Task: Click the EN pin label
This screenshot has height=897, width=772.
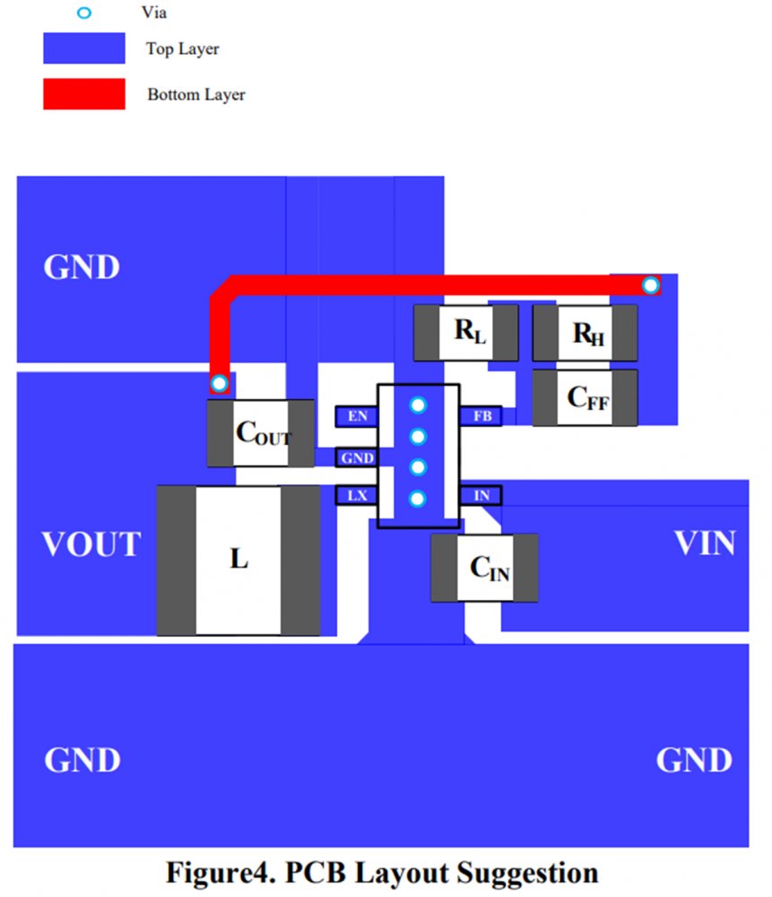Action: [357, 416]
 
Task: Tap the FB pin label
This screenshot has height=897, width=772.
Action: [481, 416]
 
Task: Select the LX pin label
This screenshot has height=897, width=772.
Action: [357, 495]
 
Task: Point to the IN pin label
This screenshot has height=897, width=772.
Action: [481, 495]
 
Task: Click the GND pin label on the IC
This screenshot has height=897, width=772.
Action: [356, 457]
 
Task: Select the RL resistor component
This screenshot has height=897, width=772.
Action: [466, 333]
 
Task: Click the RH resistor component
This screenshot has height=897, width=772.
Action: [586, 334]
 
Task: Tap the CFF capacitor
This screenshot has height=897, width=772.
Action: [586, 397]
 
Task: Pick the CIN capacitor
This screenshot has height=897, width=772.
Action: [485, 568]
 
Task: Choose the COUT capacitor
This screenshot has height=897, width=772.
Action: [262, 433]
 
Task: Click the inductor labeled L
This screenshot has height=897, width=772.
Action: [239, 560]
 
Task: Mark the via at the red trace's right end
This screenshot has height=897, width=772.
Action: [651, 286]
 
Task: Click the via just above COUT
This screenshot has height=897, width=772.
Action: [219, 384]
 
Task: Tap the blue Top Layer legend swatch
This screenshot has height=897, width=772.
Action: [84, 48]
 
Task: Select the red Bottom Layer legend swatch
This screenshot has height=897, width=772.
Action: [84, 93]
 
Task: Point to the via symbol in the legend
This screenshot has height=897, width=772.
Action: [84, 13]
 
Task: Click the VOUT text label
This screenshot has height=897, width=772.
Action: [91, 544]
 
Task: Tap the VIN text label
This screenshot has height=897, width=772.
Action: [705, 543]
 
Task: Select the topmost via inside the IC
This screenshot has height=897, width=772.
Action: [418, 405]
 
